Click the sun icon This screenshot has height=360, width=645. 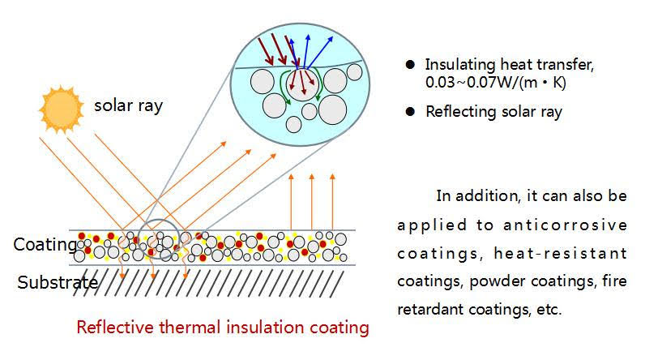coord(61,109)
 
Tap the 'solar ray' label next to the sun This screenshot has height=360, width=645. coord(128,105)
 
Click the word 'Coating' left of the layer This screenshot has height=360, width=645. coord(45,244)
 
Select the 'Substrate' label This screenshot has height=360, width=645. coord(58,282)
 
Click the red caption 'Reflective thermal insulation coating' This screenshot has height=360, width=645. coord(223,328)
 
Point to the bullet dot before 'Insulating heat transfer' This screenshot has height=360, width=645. coord(410,65)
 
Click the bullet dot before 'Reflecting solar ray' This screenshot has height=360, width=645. coord(410,112)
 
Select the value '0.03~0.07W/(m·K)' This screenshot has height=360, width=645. coord(496,83)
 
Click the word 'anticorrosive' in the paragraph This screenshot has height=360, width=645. coord(566,225)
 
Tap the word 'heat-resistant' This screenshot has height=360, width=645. coord(560,253)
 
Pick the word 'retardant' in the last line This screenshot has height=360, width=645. coord(429,309)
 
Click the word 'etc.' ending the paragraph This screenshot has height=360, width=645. coord(549,309)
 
